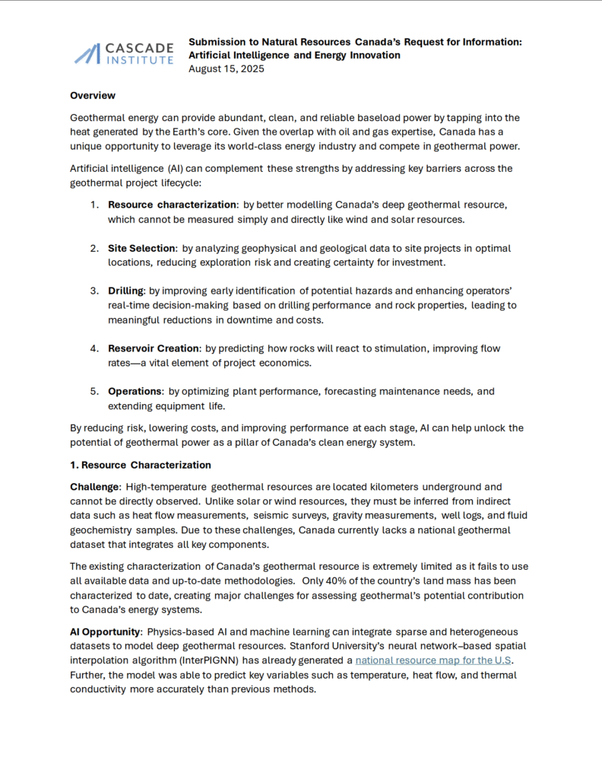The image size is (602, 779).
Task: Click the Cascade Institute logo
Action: pos(124,52)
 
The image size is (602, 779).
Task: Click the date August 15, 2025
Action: pos(227,69)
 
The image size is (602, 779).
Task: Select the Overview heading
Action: pos(93,96)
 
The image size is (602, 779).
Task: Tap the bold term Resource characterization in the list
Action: pos(173,205)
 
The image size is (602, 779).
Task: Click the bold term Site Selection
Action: pos(142,248)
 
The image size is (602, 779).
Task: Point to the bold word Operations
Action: pos(135,391)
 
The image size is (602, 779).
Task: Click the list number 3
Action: pos(94,291)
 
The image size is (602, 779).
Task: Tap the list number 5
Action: pos(94,391)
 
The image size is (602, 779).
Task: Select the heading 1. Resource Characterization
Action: pos(140,465)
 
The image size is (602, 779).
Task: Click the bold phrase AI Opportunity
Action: pos(106,632)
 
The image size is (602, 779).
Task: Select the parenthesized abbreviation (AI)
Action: pos(179,168)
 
